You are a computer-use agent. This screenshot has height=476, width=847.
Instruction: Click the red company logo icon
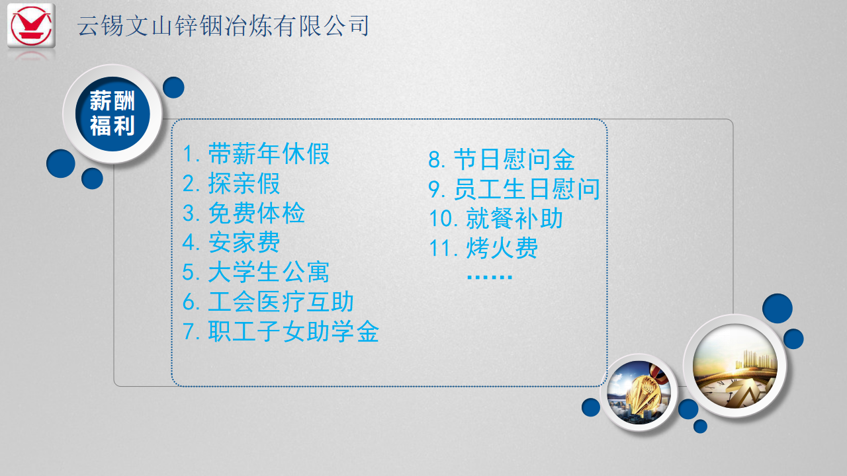(31, 26)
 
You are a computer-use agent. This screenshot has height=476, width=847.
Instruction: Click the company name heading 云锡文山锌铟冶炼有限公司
(223, 26)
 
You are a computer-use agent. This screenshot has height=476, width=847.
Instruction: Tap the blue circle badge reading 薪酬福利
(112, 114)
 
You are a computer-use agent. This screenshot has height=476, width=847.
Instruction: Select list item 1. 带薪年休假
(256, 154)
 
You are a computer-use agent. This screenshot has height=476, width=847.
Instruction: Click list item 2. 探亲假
(231, 184)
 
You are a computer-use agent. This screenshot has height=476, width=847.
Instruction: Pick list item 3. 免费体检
(244, 213)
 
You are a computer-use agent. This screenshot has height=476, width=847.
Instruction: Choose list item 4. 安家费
(231, 243)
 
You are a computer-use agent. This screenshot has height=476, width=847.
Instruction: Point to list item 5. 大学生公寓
(256, 272)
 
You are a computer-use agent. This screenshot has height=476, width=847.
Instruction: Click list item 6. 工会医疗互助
(268, 302)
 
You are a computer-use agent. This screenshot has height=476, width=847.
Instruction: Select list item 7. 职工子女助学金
(281, 331)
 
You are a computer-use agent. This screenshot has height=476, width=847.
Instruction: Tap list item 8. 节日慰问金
(502, 159)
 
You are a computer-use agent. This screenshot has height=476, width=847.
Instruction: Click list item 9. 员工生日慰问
(514, 189)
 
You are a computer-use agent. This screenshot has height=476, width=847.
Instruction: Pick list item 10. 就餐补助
(496, 218)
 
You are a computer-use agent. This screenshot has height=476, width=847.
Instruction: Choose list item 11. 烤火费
(484, 248)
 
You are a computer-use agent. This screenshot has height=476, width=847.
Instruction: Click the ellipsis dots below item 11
(490, 277)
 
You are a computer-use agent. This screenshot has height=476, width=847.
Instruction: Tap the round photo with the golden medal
(639, 393)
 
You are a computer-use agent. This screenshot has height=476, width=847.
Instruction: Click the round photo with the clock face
(735, 366)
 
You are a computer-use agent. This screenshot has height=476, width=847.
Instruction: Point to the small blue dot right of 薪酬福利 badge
(173, 88)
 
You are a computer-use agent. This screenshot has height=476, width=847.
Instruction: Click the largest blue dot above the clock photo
(778, 308)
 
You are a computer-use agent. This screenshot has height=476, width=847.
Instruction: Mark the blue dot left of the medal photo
(591, 407)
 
